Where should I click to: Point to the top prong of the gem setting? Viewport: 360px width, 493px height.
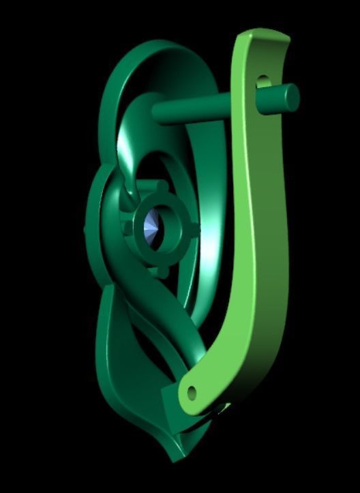click(161, 185)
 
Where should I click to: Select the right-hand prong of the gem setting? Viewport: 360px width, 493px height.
click(196, 228)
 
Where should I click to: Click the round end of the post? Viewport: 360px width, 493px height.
click(291, 98)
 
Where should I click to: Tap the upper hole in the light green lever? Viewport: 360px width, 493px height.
click(263, 83)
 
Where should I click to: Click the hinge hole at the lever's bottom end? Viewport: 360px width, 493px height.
click(192, 393)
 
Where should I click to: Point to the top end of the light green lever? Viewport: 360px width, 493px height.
click(262, 38)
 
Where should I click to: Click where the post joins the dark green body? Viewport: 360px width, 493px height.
click(155, 113)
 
